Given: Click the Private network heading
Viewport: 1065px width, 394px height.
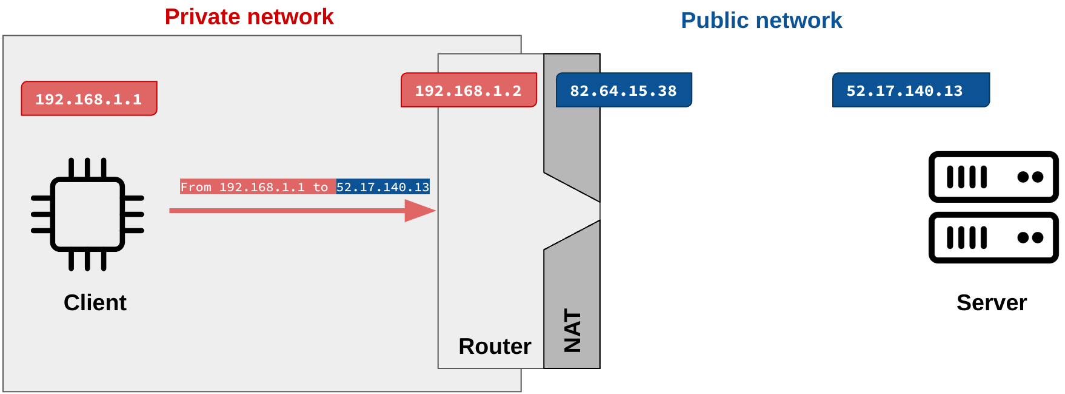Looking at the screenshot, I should (249, 17).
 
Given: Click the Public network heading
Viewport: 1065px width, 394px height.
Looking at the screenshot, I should (761, 21).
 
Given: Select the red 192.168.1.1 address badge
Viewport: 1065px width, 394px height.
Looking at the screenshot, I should (89, 98).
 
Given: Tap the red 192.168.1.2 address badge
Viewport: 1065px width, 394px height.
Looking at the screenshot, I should (469, 90).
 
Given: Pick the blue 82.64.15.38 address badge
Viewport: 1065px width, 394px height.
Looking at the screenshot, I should (624, 90).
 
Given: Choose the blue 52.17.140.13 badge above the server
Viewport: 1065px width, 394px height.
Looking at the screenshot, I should (910, 90).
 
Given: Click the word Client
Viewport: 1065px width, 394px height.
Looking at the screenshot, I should (95, 302).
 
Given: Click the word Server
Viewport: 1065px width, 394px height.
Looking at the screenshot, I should (992, 302).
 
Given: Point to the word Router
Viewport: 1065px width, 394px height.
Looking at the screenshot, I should (495, 346).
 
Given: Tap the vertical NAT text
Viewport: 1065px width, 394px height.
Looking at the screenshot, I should (572, 331).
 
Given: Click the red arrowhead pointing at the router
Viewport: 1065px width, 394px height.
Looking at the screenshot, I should (419, 211).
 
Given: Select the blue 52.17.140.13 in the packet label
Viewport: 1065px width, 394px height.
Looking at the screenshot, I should (382, 187).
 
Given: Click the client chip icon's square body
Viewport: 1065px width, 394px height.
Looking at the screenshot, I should (87, 214).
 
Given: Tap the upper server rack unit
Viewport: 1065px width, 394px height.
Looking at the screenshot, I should (993, 177).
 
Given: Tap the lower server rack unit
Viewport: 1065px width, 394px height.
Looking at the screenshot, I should (993, 237).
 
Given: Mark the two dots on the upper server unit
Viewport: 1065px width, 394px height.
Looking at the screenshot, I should (1030, 177).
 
